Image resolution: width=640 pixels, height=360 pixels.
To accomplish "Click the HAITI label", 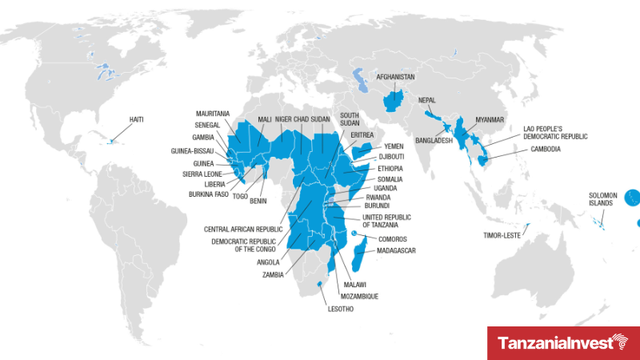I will click(138, 120).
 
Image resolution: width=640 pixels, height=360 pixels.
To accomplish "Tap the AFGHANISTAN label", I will click(395, 78).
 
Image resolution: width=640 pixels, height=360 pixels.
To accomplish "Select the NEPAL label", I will click(428, 100).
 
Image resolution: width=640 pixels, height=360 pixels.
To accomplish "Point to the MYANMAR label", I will click(491, 119).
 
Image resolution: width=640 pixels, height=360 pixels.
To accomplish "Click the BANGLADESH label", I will click(434, 141).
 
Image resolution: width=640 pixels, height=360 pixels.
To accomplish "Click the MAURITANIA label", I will click(214, 114).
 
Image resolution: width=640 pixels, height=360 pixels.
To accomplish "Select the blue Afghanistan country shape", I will click(394, 101).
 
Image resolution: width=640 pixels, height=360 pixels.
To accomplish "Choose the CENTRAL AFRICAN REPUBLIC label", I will click(242, 229).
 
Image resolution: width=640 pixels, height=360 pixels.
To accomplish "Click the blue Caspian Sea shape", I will click(358, 80).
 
